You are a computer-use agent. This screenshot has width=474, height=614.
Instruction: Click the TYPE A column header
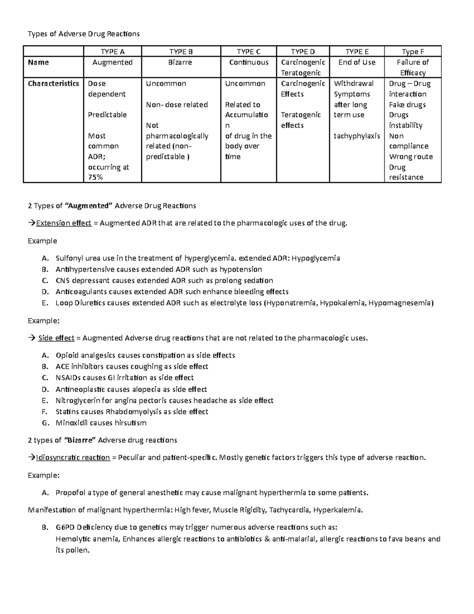pyautogui.click(x=113, y=51)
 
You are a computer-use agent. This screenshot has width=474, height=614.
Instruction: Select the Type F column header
pyautogui.click(x=413, y=51)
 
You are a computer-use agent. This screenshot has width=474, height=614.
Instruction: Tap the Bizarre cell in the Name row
pyautogui.click(x=180, y=62)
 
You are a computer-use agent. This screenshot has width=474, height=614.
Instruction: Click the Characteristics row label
pyautogui.click(x=53, y=83)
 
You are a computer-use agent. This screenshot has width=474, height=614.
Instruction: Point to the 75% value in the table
pyautogui.click(x=96, y=178)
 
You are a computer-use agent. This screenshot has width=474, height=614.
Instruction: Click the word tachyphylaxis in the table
pyautogui.click(x=357, y=136)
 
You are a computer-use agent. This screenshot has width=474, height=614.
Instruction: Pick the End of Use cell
pyautogui.click(x=357, y=62)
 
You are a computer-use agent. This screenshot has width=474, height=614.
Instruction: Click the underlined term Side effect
pyautogui.click(x=56, y=338)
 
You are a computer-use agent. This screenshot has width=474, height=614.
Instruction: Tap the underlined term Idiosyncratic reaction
pyautogui.click(x=73, y=458)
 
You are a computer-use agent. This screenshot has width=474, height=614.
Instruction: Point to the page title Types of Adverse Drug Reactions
pyautogui.click(x=83, y=34)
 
